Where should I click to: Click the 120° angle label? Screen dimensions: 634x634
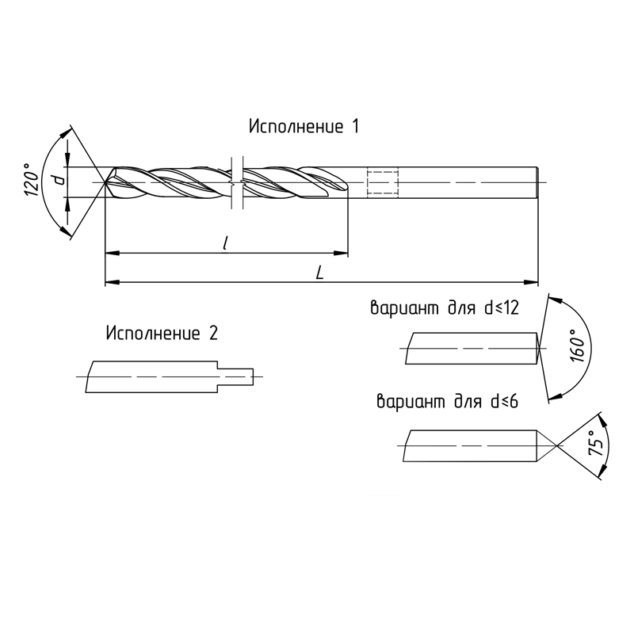click(32, 180)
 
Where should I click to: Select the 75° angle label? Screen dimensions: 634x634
click(597, 444)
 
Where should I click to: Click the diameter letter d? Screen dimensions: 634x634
click(59, 180)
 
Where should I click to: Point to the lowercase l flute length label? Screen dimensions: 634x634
click(226, 243)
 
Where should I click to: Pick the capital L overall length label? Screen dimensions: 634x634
click(320, 273)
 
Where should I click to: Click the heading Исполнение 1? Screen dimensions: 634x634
click(304, 126)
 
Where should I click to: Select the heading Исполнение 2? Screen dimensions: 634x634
click(162, 333)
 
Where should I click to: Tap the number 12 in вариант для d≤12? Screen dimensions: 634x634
click(510, 308)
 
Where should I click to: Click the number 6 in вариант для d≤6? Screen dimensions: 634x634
click(514, 402)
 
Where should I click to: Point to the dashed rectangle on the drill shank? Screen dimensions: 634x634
click(383, 183)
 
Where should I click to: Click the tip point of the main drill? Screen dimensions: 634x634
click(105, 183)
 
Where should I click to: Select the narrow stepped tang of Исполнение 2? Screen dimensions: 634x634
click(235, 377)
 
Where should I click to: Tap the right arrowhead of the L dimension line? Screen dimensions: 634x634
click(530, 282)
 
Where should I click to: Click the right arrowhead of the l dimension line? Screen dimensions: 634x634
click(341, 253)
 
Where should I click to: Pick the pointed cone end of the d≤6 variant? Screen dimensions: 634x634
click(547, 445)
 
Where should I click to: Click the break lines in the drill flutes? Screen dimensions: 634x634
click(237, 183)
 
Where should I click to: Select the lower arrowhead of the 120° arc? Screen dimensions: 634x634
click(65, 231)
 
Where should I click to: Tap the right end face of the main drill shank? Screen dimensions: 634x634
click(537, 183)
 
